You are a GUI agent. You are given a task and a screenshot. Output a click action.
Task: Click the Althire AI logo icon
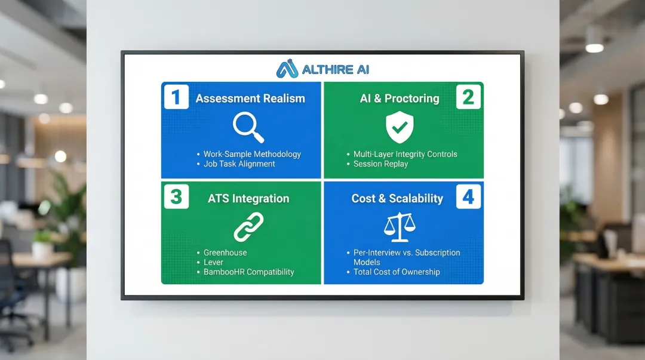tap(287, 69)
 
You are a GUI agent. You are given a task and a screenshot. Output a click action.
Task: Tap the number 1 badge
tap(176, 97)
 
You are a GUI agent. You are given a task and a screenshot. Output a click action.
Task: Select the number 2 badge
tap(468, 97)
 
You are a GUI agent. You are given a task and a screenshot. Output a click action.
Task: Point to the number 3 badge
tap(176, 196)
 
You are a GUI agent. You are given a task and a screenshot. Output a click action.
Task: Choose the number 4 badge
tap(468, 196)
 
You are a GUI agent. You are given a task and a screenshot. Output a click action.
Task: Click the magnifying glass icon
tap(248, 127)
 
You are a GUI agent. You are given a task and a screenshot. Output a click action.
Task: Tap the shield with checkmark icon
tap(400, 127)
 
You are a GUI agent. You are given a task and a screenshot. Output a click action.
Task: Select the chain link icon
tap(248, 227)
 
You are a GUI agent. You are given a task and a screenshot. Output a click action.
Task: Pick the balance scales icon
tap(399, 227)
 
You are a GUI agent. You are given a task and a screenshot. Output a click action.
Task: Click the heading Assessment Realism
tap(250, 99)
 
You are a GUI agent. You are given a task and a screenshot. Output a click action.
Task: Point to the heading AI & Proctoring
tap(400, 99)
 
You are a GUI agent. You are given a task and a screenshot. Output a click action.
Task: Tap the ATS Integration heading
tap(248, 199)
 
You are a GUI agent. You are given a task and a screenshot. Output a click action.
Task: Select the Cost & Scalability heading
tap(397, 199)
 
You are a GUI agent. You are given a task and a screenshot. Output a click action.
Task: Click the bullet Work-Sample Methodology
tap(252, 154)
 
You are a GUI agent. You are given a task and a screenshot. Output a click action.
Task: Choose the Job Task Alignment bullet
tap(239, 164)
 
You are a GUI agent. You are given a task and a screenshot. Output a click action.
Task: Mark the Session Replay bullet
tap(380, 164)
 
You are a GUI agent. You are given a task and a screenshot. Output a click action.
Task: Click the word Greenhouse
tap(225, 253)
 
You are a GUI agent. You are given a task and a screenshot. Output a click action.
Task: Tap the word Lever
tap(213, 262)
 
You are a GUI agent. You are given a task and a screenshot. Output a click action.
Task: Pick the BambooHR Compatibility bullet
tap(249, 272)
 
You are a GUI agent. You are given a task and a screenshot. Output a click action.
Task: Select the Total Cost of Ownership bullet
tap(397, 272)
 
